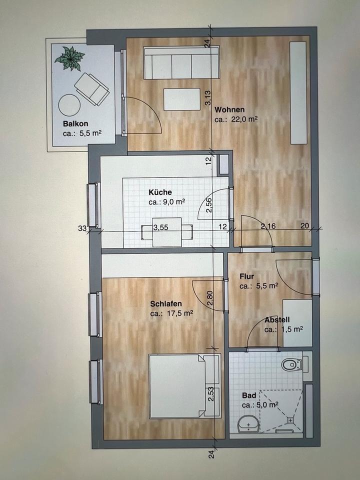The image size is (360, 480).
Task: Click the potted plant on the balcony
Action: point(70,58)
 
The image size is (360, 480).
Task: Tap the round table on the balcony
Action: point(69,105)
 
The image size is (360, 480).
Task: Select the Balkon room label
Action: point(75,123)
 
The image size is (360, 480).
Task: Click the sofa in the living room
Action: point(181,63)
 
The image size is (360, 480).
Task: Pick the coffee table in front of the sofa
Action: point(182,99)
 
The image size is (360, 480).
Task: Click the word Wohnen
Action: point(229,109)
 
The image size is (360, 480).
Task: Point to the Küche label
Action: point(160,192)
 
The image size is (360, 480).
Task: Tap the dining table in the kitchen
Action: point(167,231)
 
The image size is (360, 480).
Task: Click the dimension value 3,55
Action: point(160,227)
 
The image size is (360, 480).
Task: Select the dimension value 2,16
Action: point(268,226)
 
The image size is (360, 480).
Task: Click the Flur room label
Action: point(246,276)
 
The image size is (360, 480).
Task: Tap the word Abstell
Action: point(277,320)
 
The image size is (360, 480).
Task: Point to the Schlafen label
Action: point(166,303)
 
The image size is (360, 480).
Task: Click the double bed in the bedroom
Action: point(184,386)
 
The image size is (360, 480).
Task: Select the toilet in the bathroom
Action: point(292,364)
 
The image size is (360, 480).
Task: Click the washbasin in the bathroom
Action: point(248,424)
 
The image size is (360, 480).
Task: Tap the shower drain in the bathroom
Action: point(290,420)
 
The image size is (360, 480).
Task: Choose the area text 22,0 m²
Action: point(235,119)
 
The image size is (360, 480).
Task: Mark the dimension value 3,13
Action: point(208,98)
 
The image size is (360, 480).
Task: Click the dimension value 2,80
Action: point(210,298)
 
